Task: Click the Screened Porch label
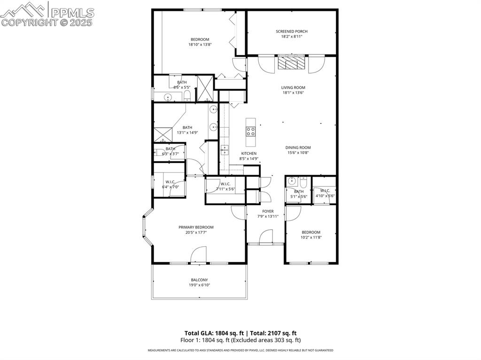pyautogui.click(x=291, y=31)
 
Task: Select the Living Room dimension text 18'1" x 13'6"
pyautogui.click(x=293, y=92)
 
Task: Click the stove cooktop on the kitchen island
pyautogui.click(x=250, y=131)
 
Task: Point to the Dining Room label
pyautogui.click(x=298, y=147)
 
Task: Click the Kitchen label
pyautogui.click(x=248, y=153)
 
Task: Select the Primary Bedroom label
pyautogui.click(x=196, y=227)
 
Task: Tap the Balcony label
pyautogui.click(x=199, y=280)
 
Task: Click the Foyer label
pyautogui.click(x=268, y=211)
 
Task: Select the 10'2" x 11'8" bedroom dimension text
pyautogui.click(x=311, y=237)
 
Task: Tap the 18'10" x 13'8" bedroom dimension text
pyautogui.click(x=200, y=45)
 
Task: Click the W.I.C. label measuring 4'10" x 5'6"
pyautogui.click(x=325, y=191)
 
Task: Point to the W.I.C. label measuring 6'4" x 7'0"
pyautogui.click(x=170, y=182)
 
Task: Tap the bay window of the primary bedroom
pyautogui.click(x=147, y=230)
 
